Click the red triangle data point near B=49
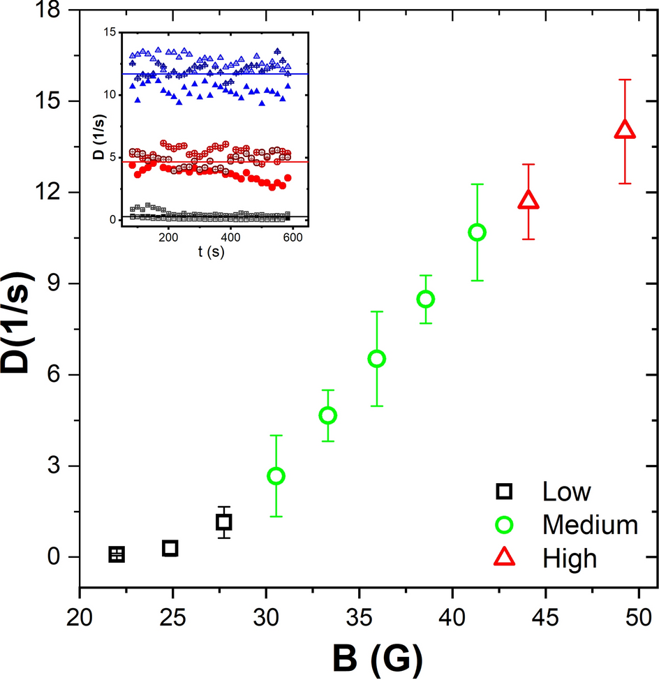[x=625, y=131]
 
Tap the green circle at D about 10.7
[x=477, y=232]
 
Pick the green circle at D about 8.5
[x=426, y=299]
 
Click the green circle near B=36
[x=377, y=359]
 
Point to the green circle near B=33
[x=327, y=415]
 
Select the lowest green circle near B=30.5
[x=276, y=476]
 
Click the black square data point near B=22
[x=117, y=554]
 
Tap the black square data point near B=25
[x=170, y=548]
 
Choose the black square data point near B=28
[x=224, y=522]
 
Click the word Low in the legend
[x=566, y=491]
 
